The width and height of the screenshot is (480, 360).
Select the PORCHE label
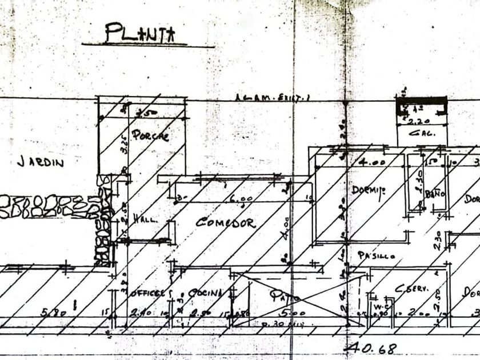pos(150,136)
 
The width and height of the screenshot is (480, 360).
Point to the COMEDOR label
pos(226,222)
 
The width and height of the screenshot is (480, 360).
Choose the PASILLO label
pos(376,255)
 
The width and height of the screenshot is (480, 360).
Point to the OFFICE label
pos(147,293)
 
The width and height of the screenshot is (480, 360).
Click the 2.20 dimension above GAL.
pos(421,121)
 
